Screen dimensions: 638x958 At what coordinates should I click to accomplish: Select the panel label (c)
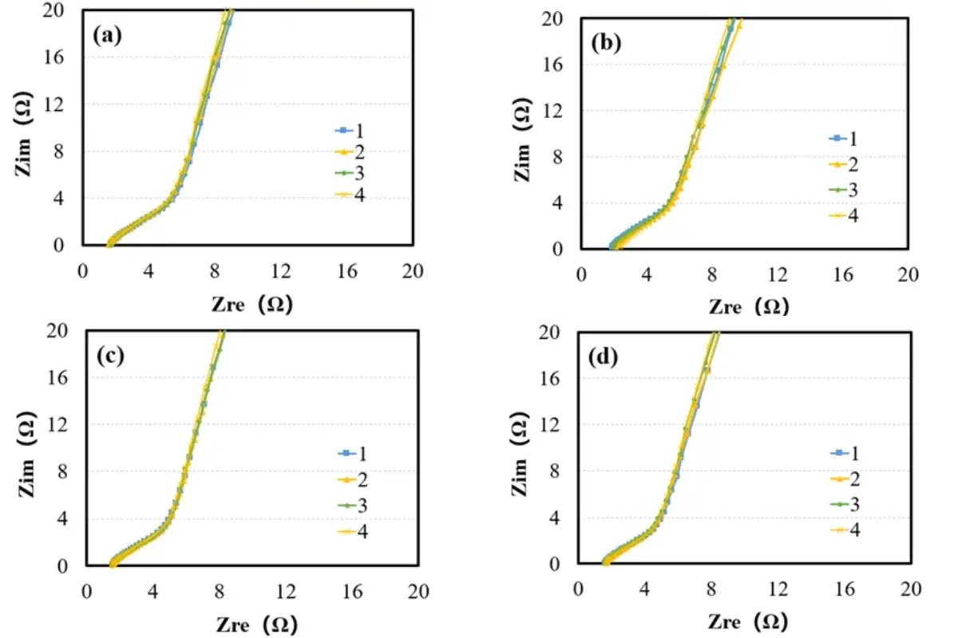(109, 356)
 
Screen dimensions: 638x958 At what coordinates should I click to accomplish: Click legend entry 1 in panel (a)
(351, 131)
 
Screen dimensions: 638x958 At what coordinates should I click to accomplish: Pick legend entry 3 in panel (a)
(351, 174)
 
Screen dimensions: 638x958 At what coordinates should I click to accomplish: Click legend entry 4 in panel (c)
(354, 532)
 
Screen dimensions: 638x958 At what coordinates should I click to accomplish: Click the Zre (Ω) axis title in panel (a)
(251, 304)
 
